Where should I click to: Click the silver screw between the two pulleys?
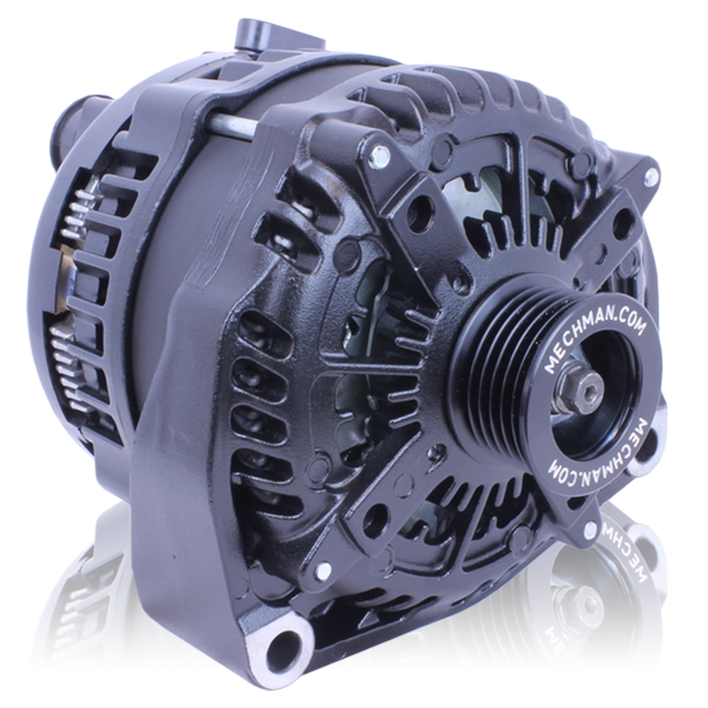click(x=589, y=528)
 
